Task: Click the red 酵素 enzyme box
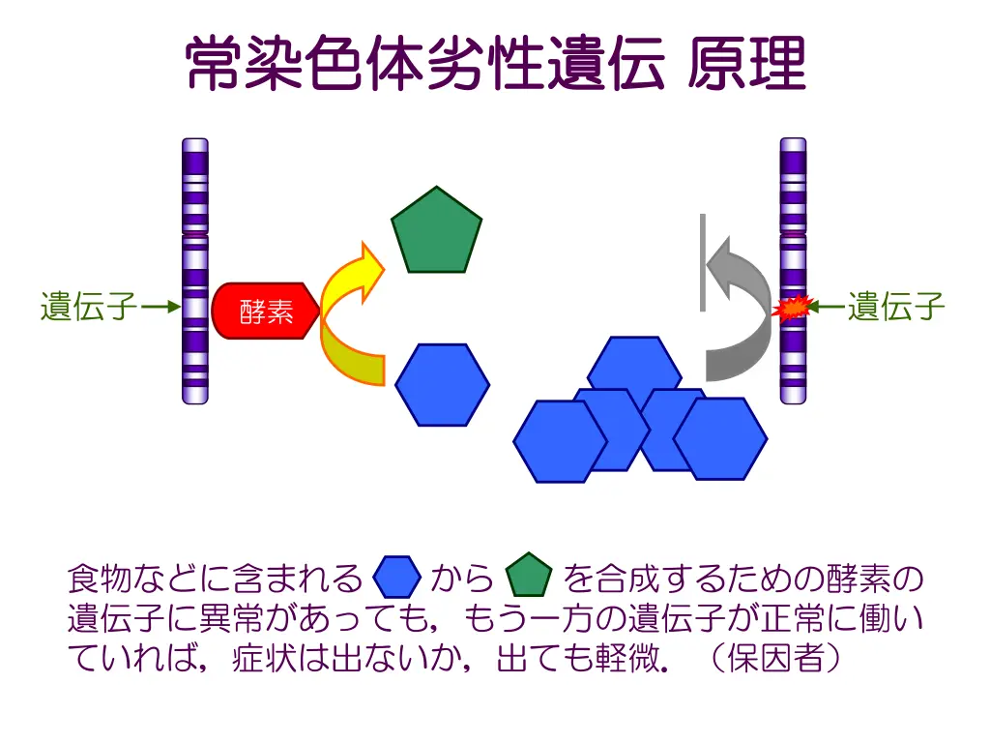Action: [264, 311]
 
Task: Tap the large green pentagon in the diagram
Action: [436, 233]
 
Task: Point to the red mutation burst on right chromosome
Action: [792, 308]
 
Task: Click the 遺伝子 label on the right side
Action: [896, 307]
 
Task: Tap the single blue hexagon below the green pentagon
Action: [442, 384]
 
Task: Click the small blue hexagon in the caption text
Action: [396, 578]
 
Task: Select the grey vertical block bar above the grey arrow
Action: [703, 261]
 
